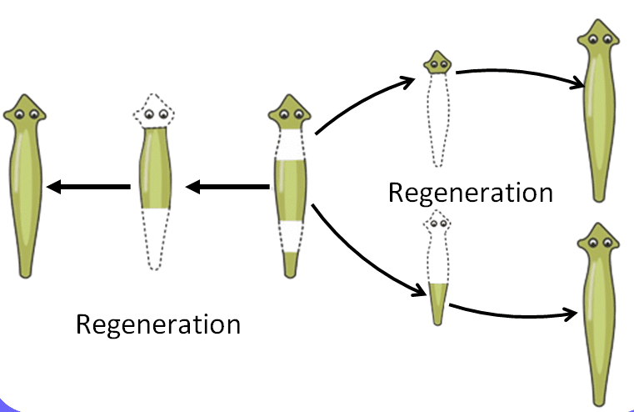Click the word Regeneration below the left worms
click(157, 324)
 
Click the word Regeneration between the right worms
click(470, 192)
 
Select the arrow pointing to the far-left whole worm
click(87, 188)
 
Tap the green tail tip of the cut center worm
click(290, 262)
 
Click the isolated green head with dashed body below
click(437, 62)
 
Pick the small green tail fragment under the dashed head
click(437, 301)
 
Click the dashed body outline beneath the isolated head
click(438, 117)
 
